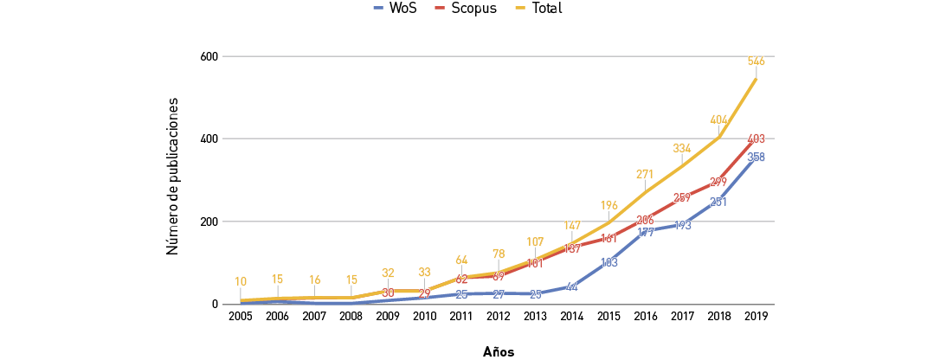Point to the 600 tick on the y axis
(208, 56)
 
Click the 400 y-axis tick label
(208, 139)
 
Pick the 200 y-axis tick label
(208, 222)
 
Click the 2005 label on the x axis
(241, 317)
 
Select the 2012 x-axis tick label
(499, 317)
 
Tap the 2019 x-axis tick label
(757, 317)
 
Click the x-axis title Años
(499, 352)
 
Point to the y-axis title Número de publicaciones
(172, 176)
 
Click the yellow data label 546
(756, 61)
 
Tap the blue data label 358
(756, 157)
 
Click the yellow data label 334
(681, 149)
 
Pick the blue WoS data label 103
(608, 262)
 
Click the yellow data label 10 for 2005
(241, 282)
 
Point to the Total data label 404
(718, 120)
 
